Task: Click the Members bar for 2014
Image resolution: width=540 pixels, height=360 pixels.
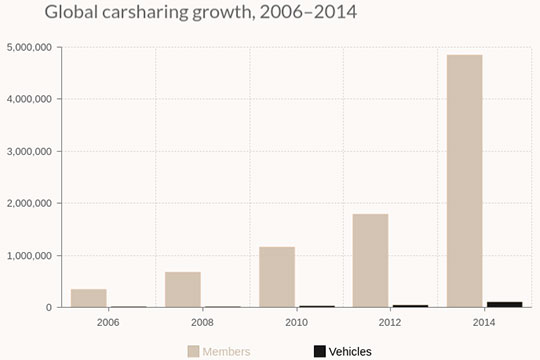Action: (464, 180)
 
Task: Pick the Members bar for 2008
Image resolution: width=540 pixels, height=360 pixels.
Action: (182, 289)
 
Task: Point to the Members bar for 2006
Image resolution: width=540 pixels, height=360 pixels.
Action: (88, 298)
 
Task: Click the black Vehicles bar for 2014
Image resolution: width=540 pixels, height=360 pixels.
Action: (504, 304)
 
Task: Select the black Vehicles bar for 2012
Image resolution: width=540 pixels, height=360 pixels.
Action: (410, 306)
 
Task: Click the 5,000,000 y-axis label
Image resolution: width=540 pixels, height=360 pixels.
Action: (30, 47)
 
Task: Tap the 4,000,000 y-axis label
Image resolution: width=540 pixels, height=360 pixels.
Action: (30, 99)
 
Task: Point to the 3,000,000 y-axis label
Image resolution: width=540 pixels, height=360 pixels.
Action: (30, 151)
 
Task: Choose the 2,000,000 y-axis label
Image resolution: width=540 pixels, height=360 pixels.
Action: (30, 203)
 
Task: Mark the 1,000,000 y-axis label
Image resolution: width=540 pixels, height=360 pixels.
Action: (30, 255)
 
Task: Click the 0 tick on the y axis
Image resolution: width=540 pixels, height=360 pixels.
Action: (48, 307)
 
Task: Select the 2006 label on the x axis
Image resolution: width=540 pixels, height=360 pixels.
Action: (108, 323)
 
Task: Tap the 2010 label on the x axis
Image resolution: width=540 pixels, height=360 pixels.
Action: (296, 323)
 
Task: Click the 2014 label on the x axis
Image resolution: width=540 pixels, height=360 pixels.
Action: (484, 323)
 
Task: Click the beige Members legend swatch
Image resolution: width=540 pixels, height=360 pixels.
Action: (193, 351)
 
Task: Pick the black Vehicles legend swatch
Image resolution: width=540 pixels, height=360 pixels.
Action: (319, 351)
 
